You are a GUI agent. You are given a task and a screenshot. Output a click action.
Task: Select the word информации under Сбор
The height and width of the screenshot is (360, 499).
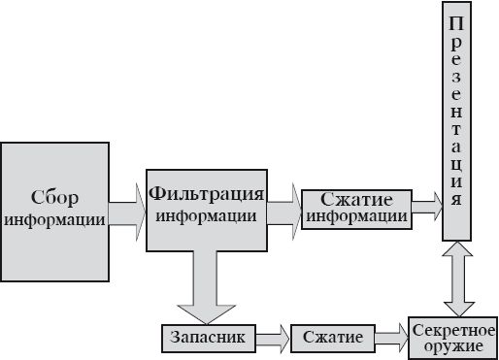click(54, 218)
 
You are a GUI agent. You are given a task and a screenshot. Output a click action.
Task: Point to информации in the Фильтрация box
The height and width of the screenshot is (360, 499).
click(207, 214)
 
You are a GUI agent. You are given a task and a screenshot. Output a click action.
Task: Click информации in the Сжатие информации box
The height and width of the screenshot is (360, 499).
click(355, 216)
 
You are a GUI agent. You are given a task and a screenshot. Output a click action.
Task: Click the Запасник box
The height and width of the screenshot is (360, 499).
click(209, 337)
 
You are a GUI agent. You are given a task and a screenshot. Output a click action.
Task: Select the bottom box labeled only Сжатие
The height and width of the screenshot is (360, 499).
click(333, 337)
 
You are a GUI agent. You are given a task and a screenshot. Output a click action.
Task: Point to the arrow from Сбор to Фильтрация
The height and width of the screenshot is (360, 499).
click(125, 213)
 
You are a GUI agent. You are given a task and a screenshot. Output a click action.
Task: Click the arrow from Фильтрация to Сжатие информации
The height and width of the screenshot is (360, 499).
click(283, 210)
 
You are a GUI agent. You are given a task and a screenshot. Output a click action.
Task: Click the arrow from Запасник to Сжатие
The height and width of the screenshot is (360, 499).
click(273, 337)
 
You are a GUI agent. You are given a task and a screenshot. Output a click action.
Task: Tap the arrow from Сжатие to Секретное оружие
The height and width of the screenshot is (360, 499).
click(390, 337)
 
